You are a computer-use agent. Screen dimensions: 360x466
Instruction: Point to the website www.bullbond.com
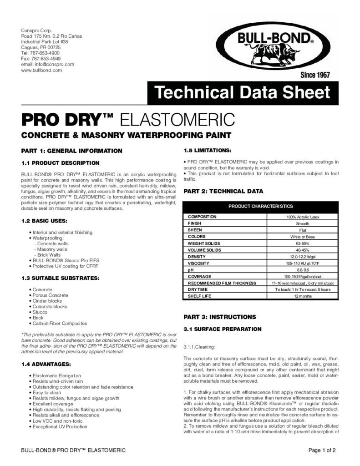(41, 70)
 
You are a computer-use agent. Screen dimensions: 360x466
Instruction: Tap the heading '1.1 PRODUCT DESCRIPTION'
(60, 162)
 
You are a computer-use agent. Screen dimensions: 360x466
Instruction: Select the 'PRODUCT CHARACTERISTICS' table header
(261, 206)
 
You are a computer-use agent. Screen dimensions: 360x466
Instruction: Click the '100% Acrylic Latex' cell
(303, 217)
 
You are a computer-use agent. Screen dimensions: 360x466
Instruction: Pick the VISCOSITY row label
(199, 263)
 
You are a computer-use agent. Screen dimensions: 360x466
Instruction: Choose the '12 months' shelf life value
(303, 296)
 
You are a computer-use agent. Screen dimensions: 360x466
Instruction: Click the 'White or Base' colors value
(303, 237)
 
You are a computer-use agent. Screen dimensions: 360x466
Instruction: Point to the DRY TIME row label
(198, 289)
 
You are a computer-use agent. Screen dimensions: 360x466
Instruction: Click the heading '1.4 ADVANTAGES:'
(46, 364)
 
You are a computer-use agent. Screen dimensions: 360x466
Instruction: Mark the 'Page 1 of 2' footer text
(322, 451)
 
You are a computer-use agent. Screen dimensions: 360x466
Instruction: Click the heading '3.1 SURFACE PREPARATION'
(222, 329)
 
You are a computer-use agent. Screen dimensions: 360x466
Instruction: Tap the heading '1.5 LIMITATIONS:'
(207, 150)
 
